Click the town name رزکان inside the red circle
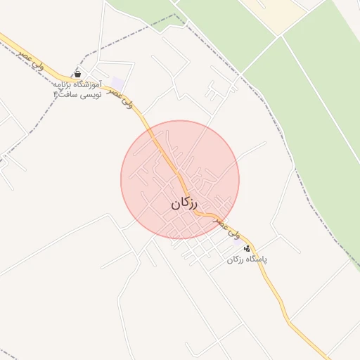tap(184, 204)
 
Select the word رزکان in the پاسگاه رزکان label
tap(235, 259)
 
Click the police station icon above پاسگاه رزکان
tap(246, 248)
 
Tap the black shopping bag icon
tap(77, 74)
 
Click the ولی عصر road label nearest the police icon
tap(228, 226)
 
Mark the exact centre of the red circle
tap(180, 180)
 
